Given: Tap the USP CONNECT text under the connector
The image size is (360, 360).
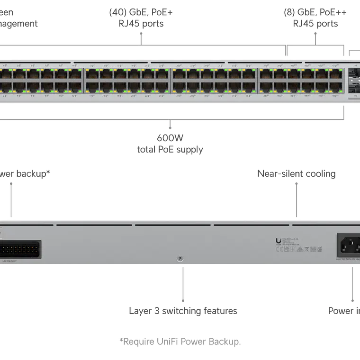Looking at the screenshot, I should (x=10, y=261).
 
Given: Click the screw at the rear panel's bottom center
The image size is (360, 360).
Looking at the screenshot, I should (x=180, y=259).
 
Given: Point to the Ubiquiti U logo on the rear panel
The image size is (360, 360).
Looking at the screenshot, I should (x=278, y=241).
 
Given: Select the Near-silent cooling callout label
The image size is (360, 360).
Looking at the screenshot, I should (x=297, y=174).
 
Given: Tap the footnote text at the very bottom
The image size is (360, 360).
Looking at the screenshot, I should (x=180, y=341).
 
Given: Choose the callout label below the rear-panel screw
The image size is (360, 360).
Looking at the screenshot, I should (x=183, y=311).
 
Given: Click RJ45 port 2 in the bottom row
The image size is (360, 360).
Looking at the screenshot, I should (x=6, y=87).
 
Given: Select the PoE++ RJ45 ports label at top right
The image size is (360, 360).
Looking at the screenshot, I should (x=310, y=18).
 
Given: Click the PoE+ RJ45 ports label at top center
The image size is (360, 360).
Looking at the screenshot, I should (x=139, y=18).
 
